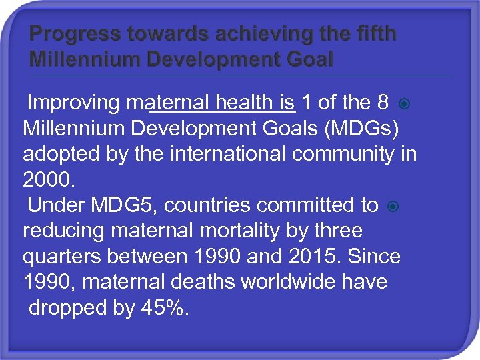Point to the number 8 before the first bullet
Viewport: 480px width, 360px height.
[x=382, y=103]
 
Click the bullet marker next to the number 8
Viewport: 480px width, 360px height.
[x=403, y=104]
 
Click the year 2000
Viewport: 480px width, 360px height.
[x=47, y=180]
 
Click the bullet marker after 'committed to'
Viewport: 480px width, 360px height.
[x=393, y=206]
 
